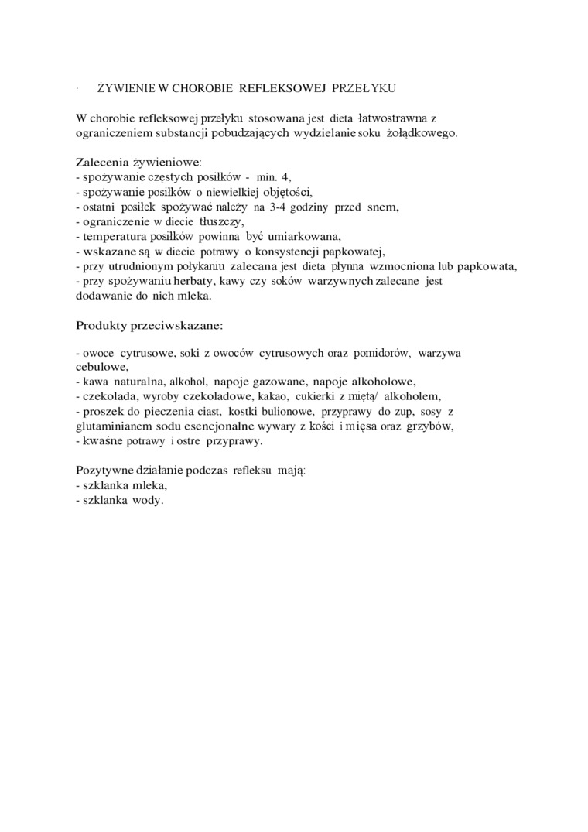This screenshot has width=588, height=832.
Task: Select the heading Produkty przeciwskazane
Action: pos(149,325)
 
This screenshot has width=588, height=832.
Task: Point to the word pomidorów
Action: pos(382,353)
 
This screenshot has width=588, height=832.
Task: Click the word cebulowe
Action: pos(101,367)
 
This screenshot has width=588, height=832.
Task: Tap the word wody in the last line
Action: pos(148,500)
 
